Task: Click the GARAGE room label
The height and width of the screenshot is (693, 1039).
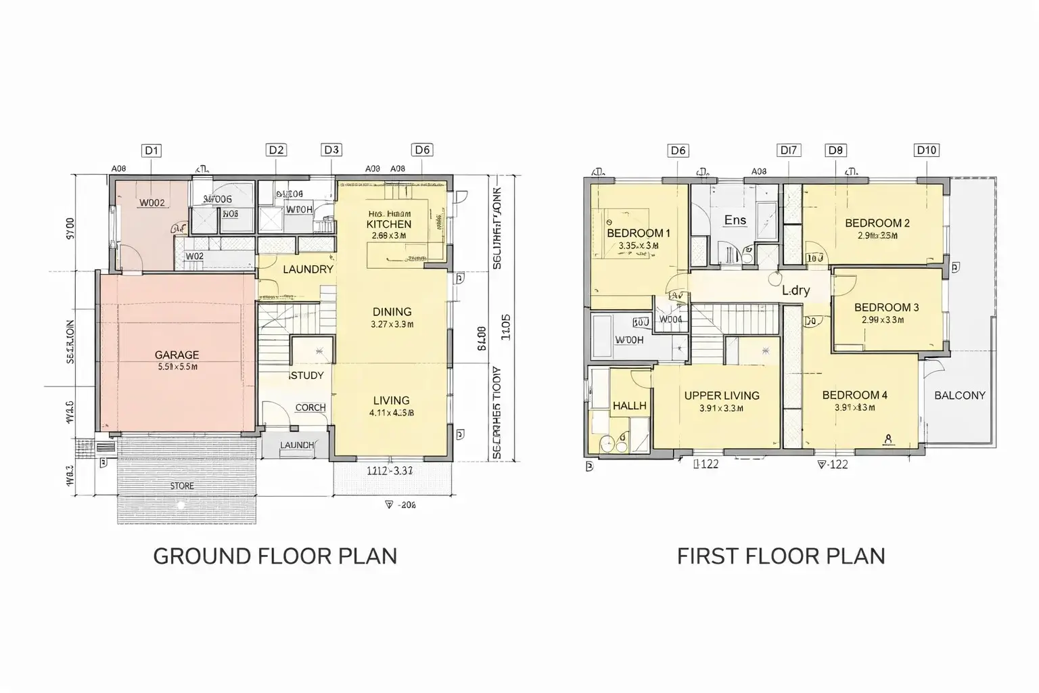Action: [x=177, y=355]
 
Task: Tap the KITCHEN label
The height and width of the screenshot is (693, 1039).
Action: [x=388, y=224]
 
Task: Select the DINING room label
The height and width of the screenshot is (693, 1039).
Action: [x=392, y=312]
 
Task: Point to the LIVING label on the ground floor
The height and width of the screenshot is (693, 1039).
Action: [x=391, y=401]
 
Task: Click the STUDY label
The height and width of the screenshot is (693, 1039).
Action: [x=307, y=376]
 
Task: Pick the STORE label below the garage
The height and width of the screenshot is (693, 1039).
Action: [x=181, y=486]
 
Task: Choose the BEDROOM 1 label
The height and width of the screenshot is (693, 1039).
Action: [x=638, y=233]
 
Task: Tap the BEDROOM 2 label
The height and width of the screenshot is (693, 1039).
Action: [x=877, y=223]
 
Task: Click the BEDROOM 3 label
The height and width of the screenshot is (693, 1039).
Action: [x=886, y=307]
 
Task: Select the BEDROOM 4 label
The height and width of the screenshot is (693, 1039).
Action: [x=854, y=395]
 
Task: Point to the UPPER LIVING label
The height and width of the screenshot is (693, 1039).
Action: [x=721, y=396]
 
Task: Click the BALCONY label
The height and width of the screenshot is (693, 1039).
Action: [x=959, y=395]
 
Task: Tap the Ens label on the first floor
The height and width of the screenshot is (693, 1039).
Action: [x=735, y=220]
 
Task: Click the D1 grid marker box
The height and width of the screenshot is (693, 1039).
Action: [x=152, y=150]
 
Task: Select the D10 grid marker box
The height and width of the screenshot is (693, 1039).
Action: [x=926, y=150]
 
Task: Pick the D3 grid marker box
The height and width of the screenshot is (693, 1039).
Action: [x=331, y=150]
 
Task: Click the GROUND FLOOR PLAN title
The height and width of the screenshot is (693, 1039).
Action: [x=275, y=556]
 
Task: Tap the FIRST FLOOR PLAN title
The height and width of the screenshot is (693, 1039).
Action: [x=781, y=556]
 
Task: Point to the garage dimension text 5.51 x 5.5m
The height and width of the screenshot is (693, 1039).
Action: [x=177, y=367]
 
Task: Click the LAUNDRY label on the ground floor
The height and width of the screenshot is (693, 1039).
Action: [x=308, y=269]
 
